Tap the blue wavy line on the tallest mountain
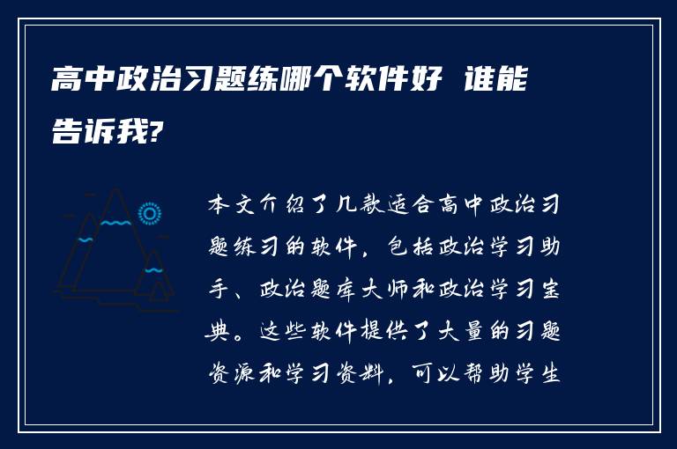point(115,223)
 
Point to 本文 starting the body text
point(229,205)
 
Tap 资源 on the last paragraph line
point(229,373)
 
